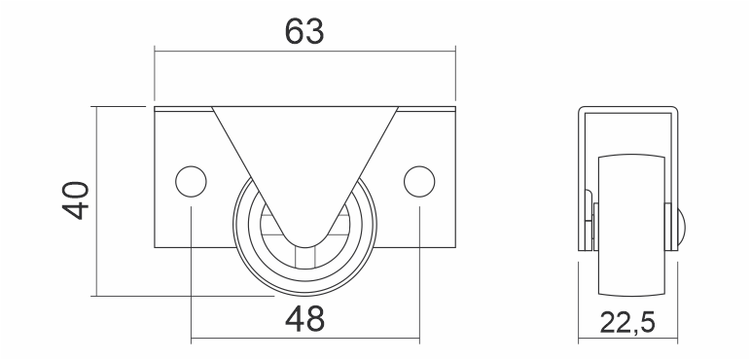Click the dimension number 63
[304, 31]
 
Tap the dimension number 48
[304, 319]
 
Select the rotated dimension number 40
[76, 200]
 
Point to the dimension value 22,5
[627, 322]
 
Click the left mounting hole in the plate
[191, 181]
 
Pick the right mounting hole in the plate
[419, 181]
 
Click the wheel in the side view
[631, 225]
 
